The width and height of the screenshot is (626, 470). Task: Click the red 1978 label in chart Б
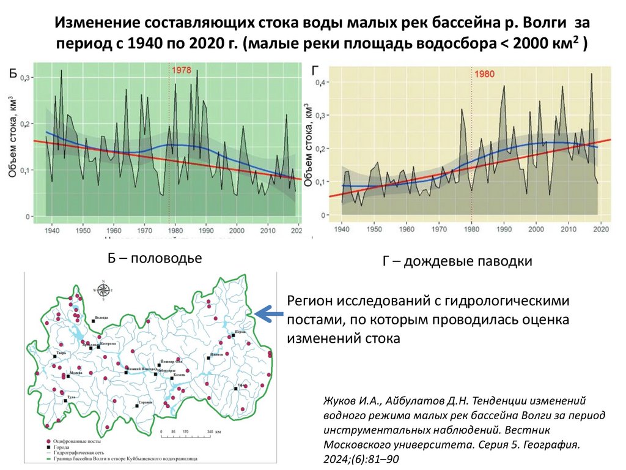pyautogui.click(x=181, y=70)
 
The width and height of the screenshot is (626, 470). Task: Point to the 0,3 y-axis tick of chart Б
pyautogui.click(x=26, y=78)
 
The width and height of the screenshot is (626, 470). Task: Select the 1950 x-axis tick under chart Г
pyautogui.click(x=374, y=229)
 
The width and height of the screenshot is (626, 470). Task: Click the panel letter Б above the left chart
pyautogui.click(x=13, y=75)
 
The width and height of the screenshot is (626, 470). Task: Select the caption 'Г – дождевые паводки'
pyautogui.click(x=457, y=261)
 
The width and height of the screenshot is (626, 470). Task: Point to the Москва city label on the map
pyautogui.click(x=77, y=373)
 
